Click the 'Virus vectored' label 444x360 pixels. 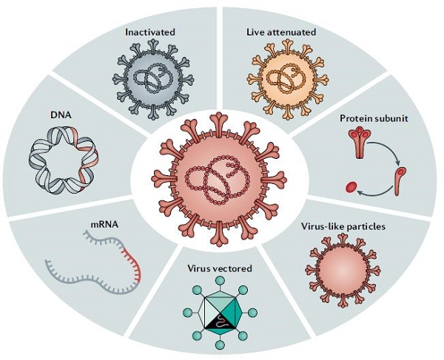coord(219,268)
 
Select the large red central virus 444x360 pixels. coord(218,177)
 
